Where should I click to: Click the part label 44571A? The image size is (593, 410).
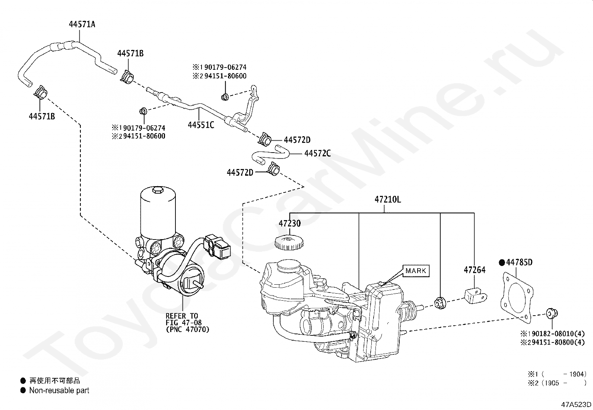click(x=82, y=25)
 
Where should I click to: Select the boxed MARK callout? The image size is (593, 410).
click(x=415, y=270)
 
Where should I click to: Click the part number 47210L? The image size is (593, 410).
click(x=388, y=200)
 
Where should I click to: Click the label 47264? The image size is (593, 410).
click(x=475, y=270)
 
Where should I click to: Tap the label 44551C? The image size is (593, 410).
click(x=201, y=125)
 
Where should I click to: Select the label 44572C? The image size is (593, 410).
click(x=317, y=153)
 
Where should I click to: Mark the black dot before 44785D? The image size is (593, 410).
click(x=502, y=262)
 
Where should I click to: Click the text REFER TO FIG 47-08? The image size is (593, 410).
click(x=182, y=319)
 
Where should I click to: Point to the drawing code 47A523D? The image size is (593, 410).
click(x=577, y=404)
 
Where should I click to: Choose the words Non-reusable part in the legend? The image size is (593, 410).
click(x=59, y=391)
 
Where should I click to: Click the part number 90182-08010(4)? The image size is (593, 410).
click(x=556, y=333)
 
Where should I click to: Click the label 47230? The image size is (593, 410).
click(x=289, y=223)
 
